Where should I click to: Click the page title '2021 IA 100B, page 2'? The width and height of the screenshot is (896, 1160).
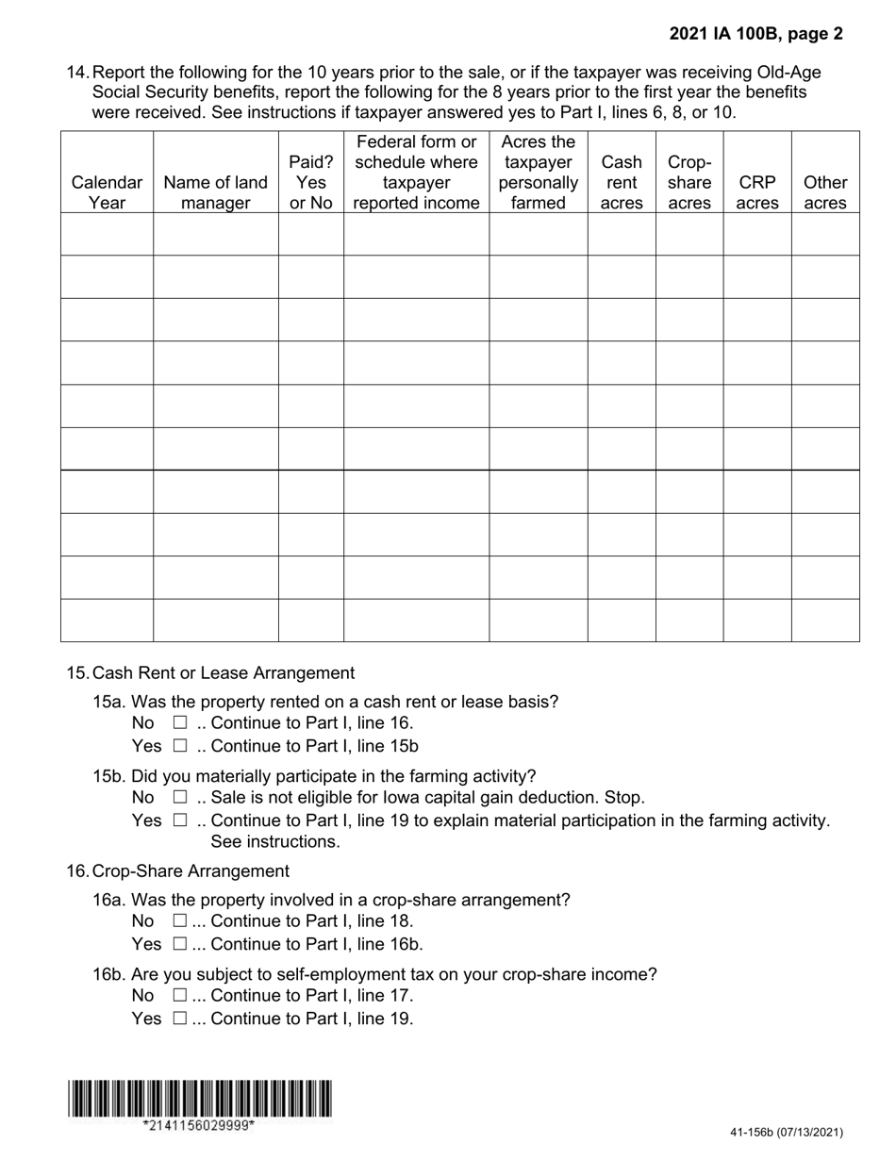756,34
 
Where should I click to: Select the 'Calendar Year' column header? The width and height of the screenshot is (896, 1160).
107,192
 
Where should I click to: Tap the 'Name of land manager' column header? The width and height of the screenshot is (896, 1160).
215,192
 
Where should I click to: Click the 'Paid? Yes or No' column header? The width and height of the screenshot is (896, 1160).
311,182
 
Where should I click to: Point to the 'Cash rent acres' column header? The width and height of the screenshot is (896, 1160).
622,182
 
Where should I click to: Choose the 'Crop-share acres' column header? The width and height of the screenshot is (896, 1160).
689,182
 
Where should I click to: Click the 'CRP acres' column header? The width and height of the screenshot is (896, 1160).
757,192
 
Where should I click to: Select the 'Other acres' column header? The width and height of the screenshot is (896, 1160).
825,192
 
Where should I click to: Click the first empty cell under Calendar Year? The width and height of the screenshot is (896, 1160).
107,234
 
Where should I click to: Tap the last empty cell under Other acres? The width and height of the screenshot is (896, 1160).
825,621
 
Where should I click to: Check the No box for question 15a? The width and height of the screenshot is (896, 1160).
180,723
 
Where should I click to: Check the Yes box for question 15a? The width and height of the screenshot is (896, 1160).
180,746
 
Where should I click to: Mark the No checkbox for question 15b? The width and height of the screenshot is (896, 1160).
180,798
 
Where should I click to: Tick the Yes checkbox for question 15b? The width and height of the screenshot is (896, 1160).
180,820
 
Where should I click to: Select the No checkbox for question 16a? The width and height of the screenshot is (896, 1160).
180,921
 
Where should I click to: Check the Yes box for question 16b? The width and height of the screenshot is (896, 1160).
180,1019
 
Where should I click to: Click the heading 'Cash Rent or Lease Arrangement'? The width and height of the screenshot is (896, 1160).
224,673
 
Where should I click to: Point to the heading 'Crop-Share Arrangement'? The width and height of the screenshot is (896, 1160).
191,871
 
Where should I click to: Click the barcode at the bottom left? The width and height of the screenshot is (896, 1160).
199,1099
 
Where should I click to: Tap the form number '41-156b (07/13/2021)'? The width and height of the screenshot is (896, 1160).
787,1133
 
